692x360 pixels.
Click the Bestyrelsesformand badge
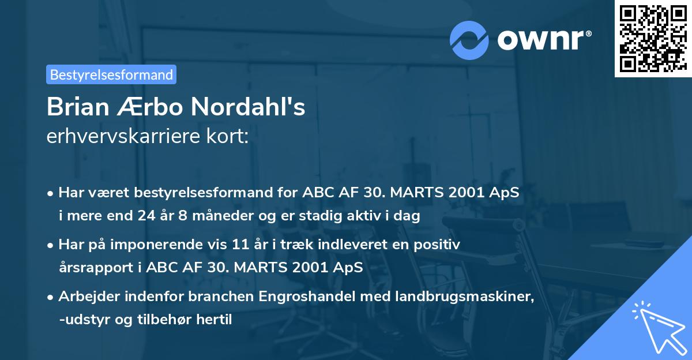(111, 74)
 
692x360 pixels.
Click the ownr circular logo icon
(470, 40)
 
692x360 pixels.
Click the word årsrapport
(91, 268)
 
